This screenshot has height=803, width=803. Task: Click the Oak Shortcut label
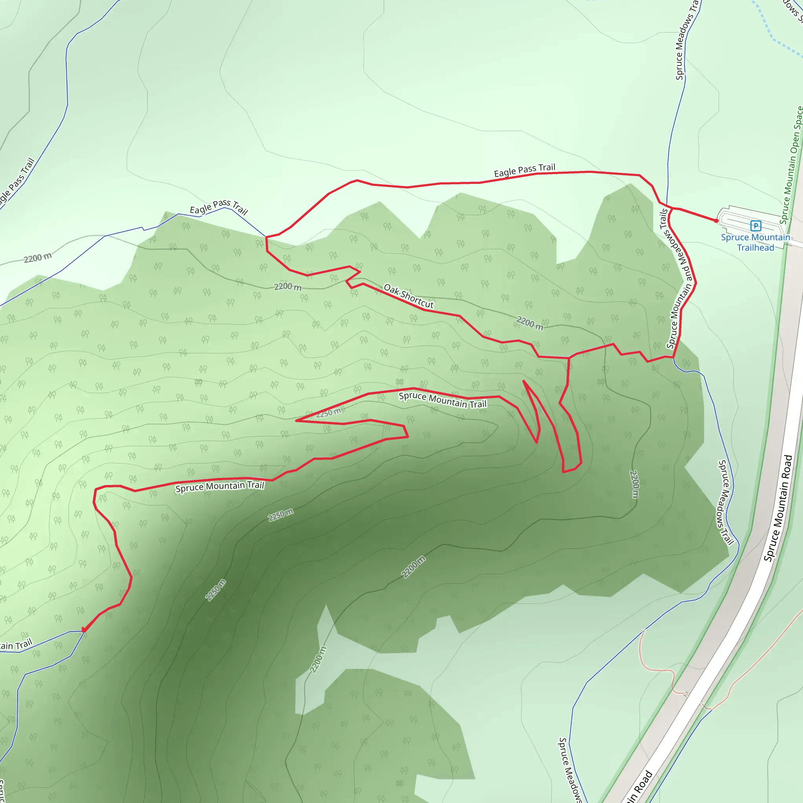(x=408, y=296)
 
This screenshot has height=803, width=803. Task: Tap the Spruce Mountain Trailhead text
(x=755, y=242)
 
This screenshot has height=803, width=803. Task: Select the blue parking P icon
(x=756, y=226)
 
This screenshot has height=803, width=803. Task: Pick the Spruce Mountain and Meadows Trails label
(x=676, y=278)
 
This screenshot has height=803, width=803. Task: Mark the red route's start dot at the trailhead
(x=716, y=221)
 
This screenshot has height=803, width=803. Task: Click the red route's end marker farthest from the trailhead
(x=84, y=630)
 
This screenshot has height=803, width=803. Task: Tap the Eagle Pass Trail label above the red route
(x=525, y=170)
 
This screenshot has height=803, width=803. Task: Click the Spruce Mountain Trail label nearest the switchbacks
(x=442, y=400)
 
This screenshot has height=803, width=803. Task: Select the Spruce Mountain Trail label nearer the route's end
(x=220, y=486)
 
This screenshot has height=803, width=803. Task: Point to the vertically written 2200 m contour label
(x=634, y=484)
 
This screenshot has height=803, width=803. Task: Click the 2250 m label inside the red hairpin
(x=328, y=413)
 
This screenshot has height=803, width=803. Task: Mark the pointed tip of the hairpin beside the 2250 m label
(x=296, y=421)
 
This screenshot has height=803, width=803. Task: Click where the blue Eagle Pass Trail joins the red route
(x=266, y=237)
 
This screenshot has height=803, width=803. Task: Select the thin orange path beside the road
(x=657, y=669)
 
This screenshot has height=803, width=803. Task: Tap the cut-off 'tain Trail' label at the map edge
(x=16, y=645)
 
